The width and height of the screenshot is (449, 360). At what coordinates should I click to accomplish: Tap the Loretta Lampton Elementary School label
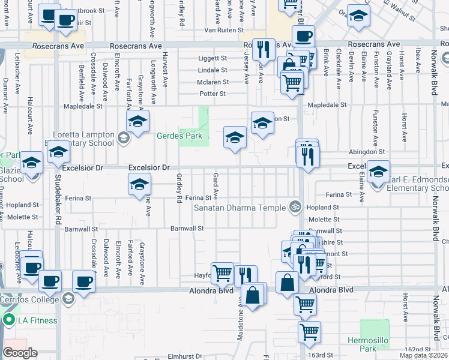(x=83, y=139)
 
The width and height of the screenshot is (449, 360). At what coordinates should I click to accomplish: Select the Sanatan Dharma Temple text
(x=240, y=208)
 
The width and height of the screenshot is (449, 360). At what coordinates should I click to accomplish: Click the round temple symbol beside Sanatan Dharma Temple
(x=294, y=207)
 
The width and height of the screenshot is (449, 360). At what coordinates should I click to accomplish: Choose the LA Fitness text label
(x=37, y=320)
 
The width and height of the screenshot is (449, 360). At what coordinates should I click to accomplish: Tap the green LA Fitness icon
(x=8, y=320)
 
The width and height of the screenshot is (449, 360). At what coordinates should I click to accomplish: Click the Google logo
(x=19, y=353)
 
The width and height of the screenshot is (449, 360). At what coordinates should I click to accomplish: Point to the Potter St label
(x=212, y=94)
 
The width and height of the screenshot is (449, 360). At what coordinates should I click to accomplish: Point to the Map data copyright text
(x=424, y=355)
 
